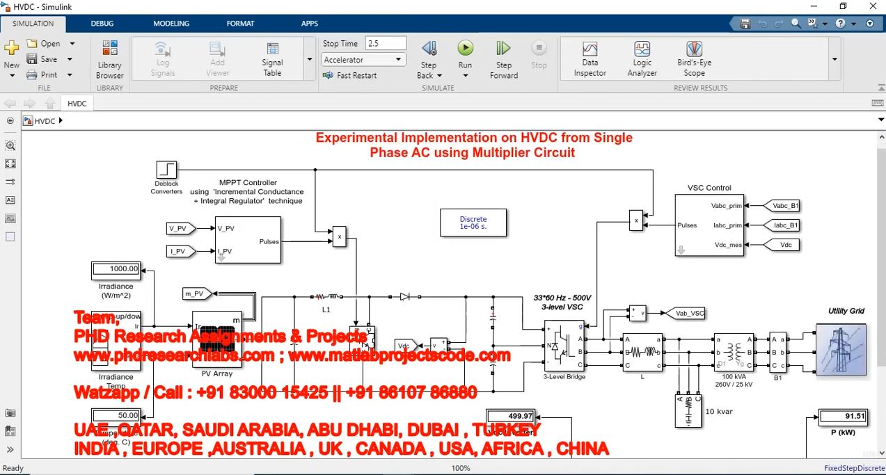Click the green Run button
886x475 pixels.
pyautogui.click(x=465, y=49)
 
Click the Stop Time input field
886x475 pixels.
pyautogui.click(x=385, y=43)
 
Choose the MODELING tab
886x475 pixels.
pyautogui.click(x=171, y=24)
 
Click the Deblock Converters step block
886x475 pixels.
pyautogui.click(x=166, y=170)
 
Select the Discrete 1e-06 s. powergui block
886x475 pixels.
pyautogui.click(x=473, y=223)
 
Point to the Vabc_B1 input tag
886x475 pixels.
pyautogui.click(x=782, y=206)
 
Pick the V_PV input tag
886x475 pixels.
pyautogui.click(x=181, y=229)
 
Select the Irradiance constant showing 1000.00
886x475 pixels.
pyautogui.click(x=116, y=269)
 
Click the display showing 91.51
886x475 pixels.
pyautogui.click(x=843, y=417)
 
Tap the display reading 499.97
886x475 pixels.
pyautogui.click(x=510, y=416)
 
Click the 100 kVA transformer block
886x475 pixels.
pyautogui.click(x=734, y=352)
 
